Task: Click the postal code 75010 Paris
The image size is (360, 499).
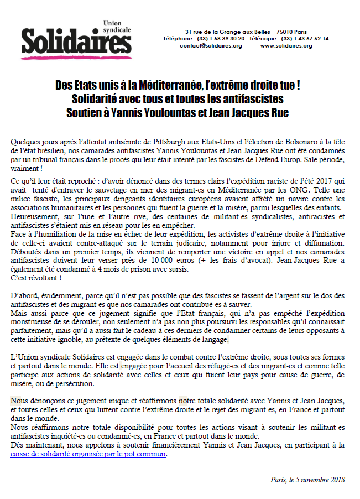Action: click(x=293, y=31)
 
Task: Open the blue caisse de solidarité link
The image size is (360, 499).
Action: click(x=88, y=455)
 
